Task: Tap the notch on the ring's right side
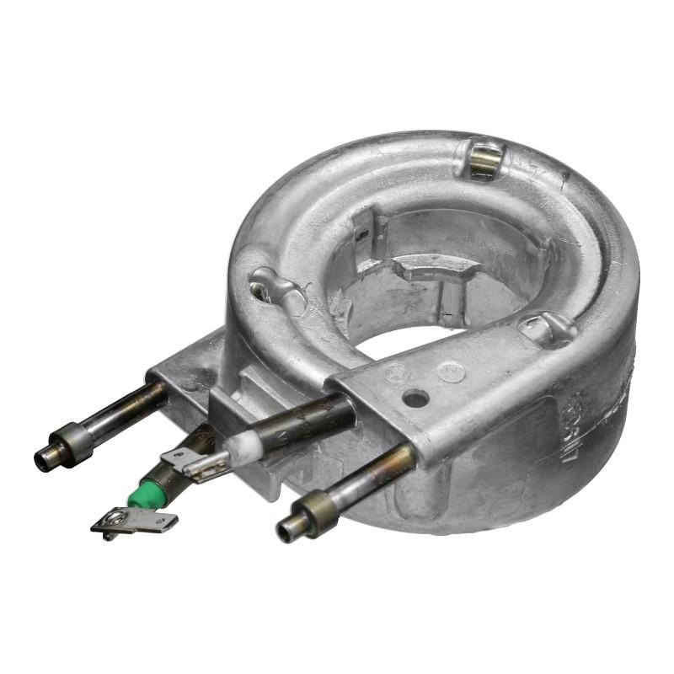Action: [x=548, y=327]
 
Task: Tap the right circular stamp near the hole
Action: [x=451, y=372]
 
